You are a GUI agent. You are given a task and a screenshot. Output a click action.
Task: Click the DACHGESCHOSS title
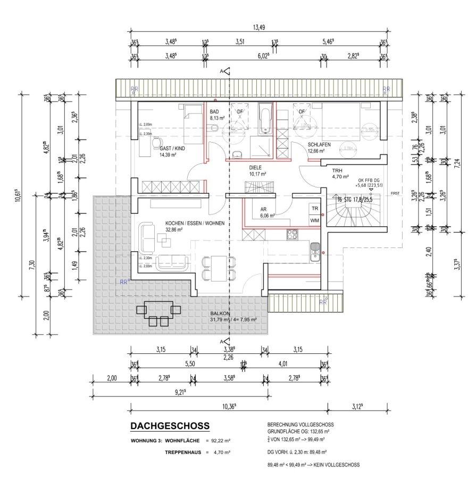170,426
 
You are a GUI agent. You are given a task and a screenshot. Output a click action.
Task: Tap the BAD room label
214,112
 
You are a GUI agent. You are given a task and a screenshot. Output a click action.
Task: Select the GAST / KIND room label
172,150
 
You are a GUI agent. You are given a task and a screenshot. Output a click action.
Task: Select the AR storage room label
263,209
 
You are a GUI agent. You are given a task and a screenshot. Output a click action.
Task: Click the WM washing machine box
315,220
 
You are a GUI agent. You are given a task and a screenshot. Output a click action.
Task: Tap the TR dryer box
315,209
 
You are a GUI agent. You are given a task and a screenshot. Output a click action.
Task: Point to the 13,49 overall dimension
258,28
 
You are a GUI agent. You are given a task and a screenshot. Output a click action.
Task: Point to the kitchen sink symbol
315,247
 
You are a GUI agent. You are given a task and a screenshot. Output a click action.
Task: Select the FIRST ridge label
394,193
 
